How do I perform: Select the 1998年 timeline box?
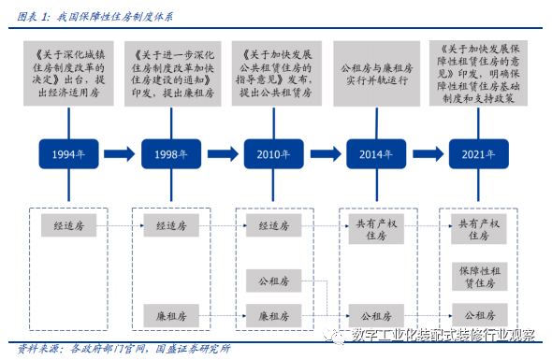pyautogui.click(x=172, y=153)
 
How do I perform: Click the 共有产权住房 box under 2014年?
pyautogui.click(x=377, y=230)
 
